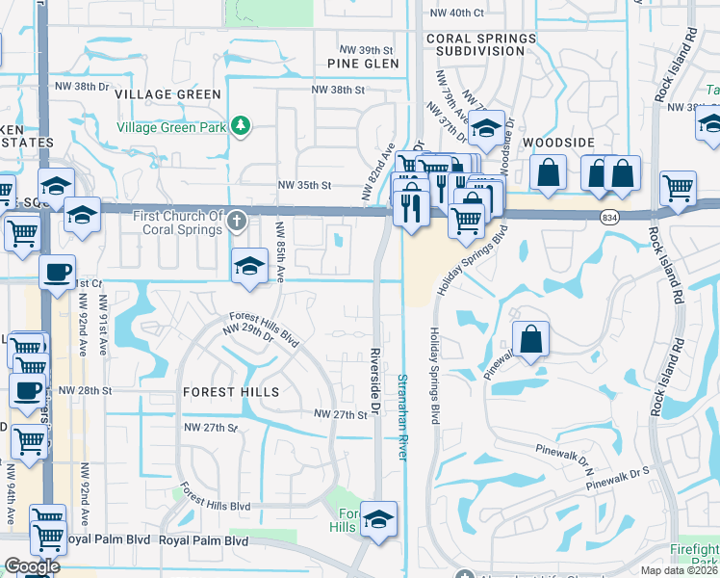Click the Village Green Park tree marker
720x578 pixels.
[x=240, y=125]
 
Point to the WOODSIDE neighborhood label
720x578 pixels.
[x=558, y=142]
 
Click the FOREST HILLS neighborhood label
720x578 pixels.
[x=231, y=392]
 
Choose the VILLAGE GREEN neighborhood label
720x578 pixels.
[x=167, y=94]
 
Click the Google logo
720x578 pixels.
[x=31, y=566]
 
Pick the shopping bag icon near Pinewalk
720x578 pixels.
[x=531, y=339]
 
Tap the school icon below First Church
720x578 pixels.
[x=249, y=265]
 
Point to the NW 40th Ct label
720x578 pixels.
[x=456, y=13]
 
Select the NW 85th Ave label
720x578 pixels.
[x=280, y=251]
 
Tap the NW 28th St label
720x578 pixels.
[x=85, y=390]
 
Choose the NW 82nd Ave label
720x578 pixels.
[x=378, y=171]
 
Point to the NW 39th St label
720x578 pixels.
[x=367, y=49]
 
